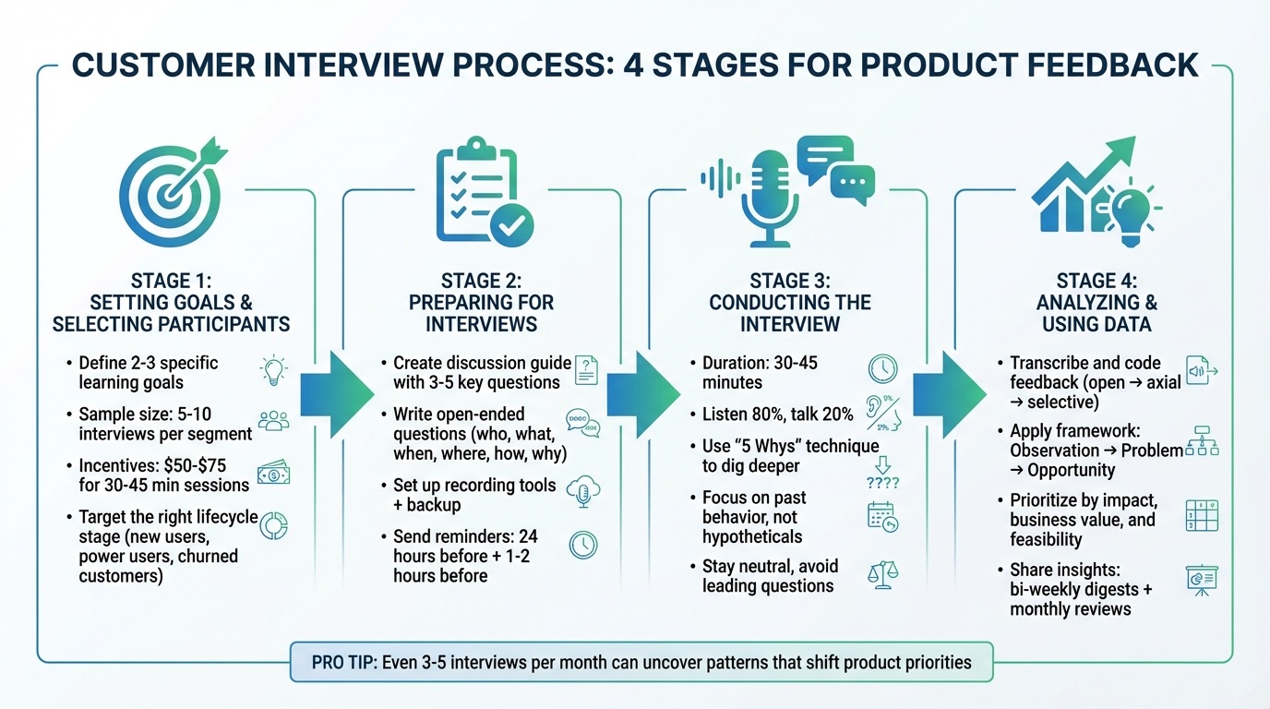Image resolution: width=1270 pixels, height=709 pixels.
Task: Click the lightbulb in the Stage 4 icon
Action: pos(1128,210)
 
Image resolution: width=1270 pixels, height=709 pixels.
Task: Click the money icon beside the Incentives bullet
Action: pos(274,473)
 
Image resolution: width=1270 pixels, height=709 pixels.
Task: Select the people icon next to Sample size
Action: pos(274,421)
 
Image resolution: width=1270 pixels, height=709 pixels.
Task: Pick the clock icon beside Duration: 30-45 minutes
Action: pos(882,368)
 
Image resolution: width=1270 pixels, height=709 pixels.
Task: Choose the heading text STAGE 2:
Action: pos(481,281)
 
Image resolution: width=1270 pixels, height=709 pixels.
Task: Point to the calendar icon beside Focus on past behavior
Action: pos(881,517)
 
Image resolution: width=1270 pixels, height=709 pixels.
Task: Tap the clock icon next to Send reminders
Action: pos(583,545)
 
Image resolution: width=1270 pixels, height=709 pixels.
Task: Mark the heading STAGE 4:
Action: pos(1096,281)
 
